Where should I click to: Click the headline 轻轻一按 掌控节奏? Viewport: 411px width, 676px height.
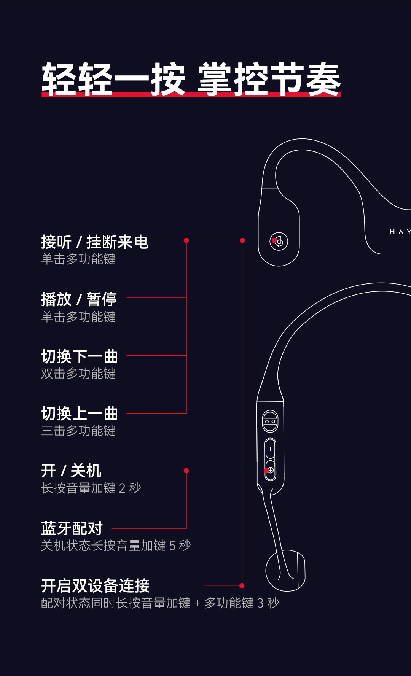(x=191, y=79)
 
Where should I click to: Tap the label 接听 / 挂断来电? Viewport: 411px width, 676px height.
(x=94, y=242)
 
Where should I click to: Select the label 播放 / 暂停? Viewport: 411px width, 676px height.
(x=79, y=299)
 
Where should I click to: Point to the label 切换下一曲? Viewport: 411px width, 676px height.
(x=79, y=356)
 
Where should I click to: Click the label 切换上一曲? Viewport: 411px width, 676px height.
(x=79, y=414)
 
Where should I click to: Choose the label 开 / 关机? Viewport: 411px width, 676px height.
(x=71, y=471)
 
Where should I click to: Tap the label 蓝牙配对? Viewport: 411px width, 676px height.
(x=72, y=528)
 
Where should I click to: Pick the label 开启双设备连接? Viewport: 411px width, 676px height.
(x=95, y=586)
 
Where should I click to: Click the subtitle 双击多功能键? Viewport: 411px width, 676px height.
(x=78, y=374)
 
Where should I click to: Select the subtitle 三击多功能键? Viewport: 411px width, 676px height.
(x=78, y=431)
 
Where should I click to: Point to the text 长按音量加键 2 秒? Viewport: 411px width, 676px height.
(x=91, y=488)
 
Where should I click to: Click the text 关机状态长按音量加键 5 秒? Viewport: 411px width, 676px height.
(x=116, y=546)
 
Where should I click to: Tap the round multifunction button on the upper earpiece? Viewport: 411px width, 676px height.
(x=279, y=241)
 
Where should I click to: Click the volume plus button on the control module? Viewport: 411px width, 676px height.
(x=270, y=471)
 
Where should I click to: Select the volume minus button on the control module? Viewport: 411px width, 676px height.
(x=270, y=449)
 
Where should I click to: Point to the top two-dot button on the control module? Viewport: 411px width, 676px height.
(x=270, y=422)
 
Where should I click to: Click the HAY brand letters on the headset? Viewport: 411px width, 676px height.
(x=400, y=232)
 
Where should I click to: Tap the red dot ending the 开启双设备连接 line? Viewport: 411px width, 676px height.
(x=242, y=586)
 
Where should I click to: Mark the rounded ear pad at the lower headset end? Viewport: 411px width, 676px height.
(x=285, y=571)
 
